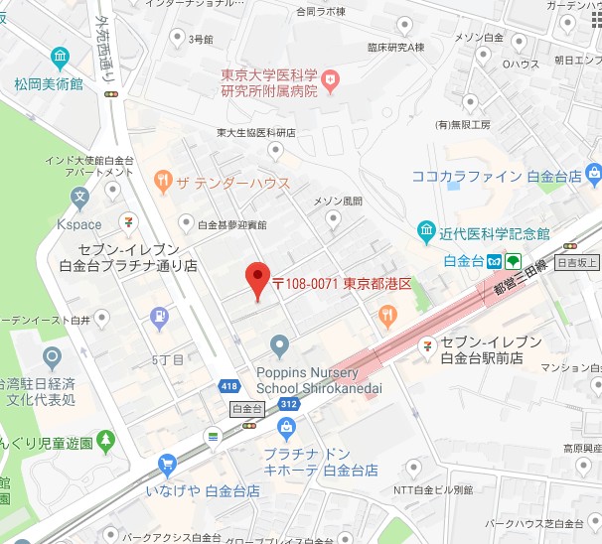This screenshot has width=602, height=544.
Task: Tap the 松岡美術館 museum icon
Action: coord(62,57)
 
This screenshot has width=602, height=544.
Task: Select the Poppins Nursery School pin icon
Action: coord(280,346)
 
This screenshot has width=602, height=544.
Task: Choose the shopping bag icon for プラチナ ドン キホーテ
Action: coord(287,427)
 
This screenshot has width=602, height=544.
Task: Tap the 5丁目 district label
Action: coord(168,358)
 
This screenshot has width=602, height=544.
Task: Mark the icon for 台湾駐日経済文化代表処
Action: coord(51,357)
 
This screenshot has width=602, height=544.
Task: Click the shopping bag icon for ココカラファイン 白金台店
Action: coord(594,176)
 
